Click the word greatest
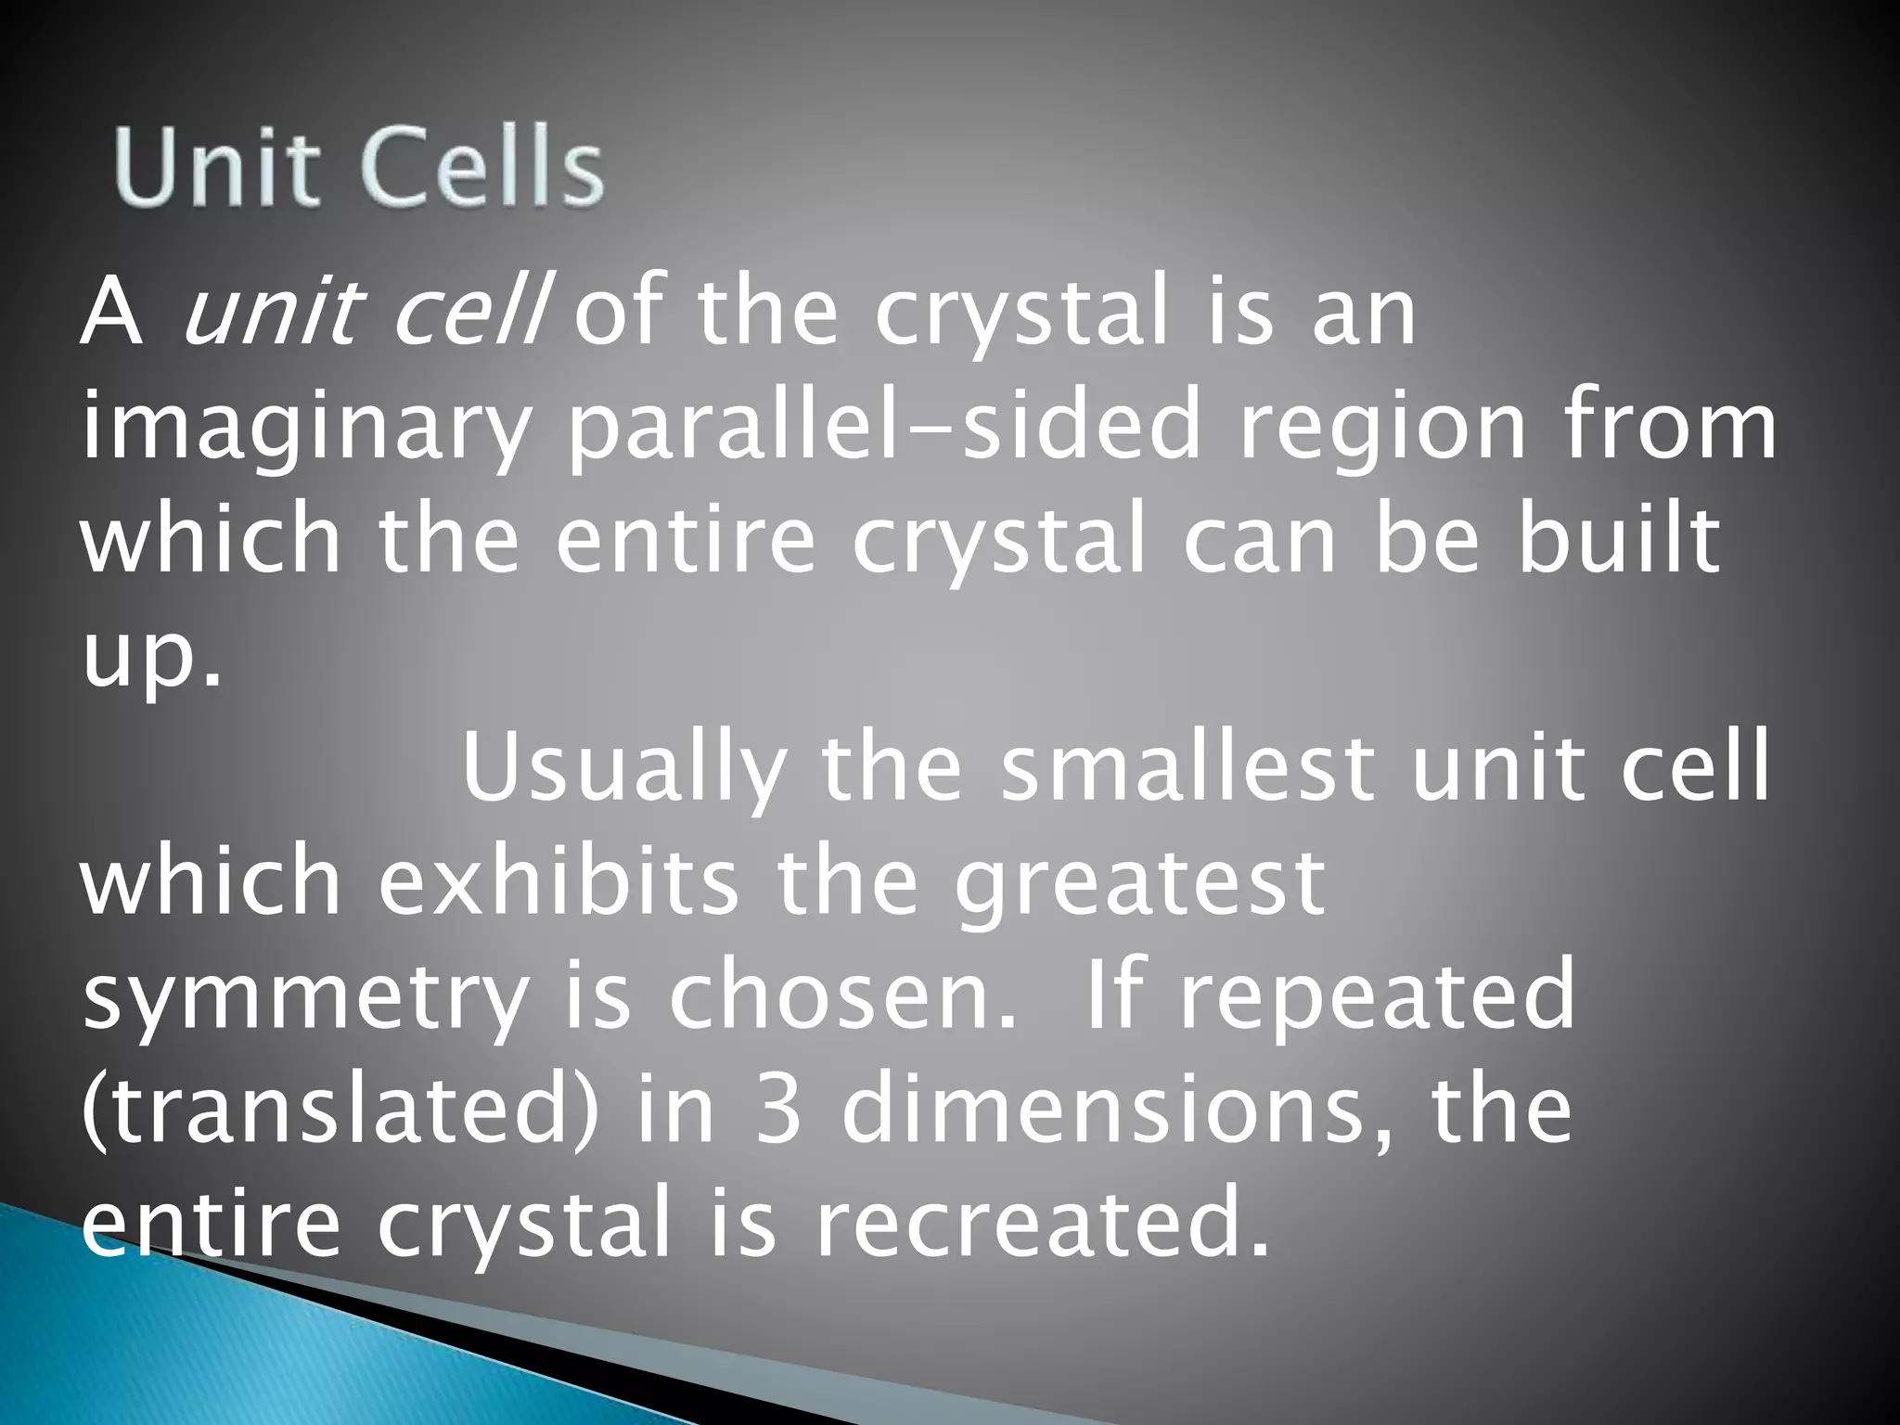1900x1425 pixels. tap(1140, 886)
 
